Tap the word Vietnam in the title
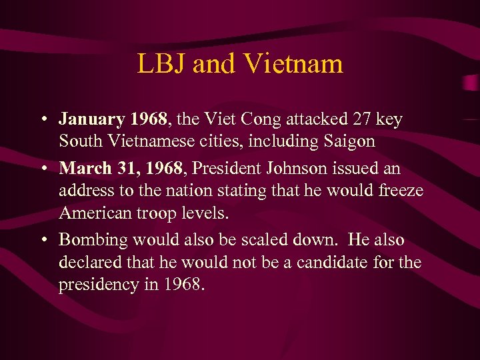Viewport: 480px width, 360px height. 294,64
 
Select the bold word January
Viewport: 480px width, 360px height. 92,120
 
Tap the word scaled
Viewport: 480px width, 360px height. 275,240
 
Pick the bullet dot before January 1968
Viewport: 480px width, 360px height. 42,121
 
